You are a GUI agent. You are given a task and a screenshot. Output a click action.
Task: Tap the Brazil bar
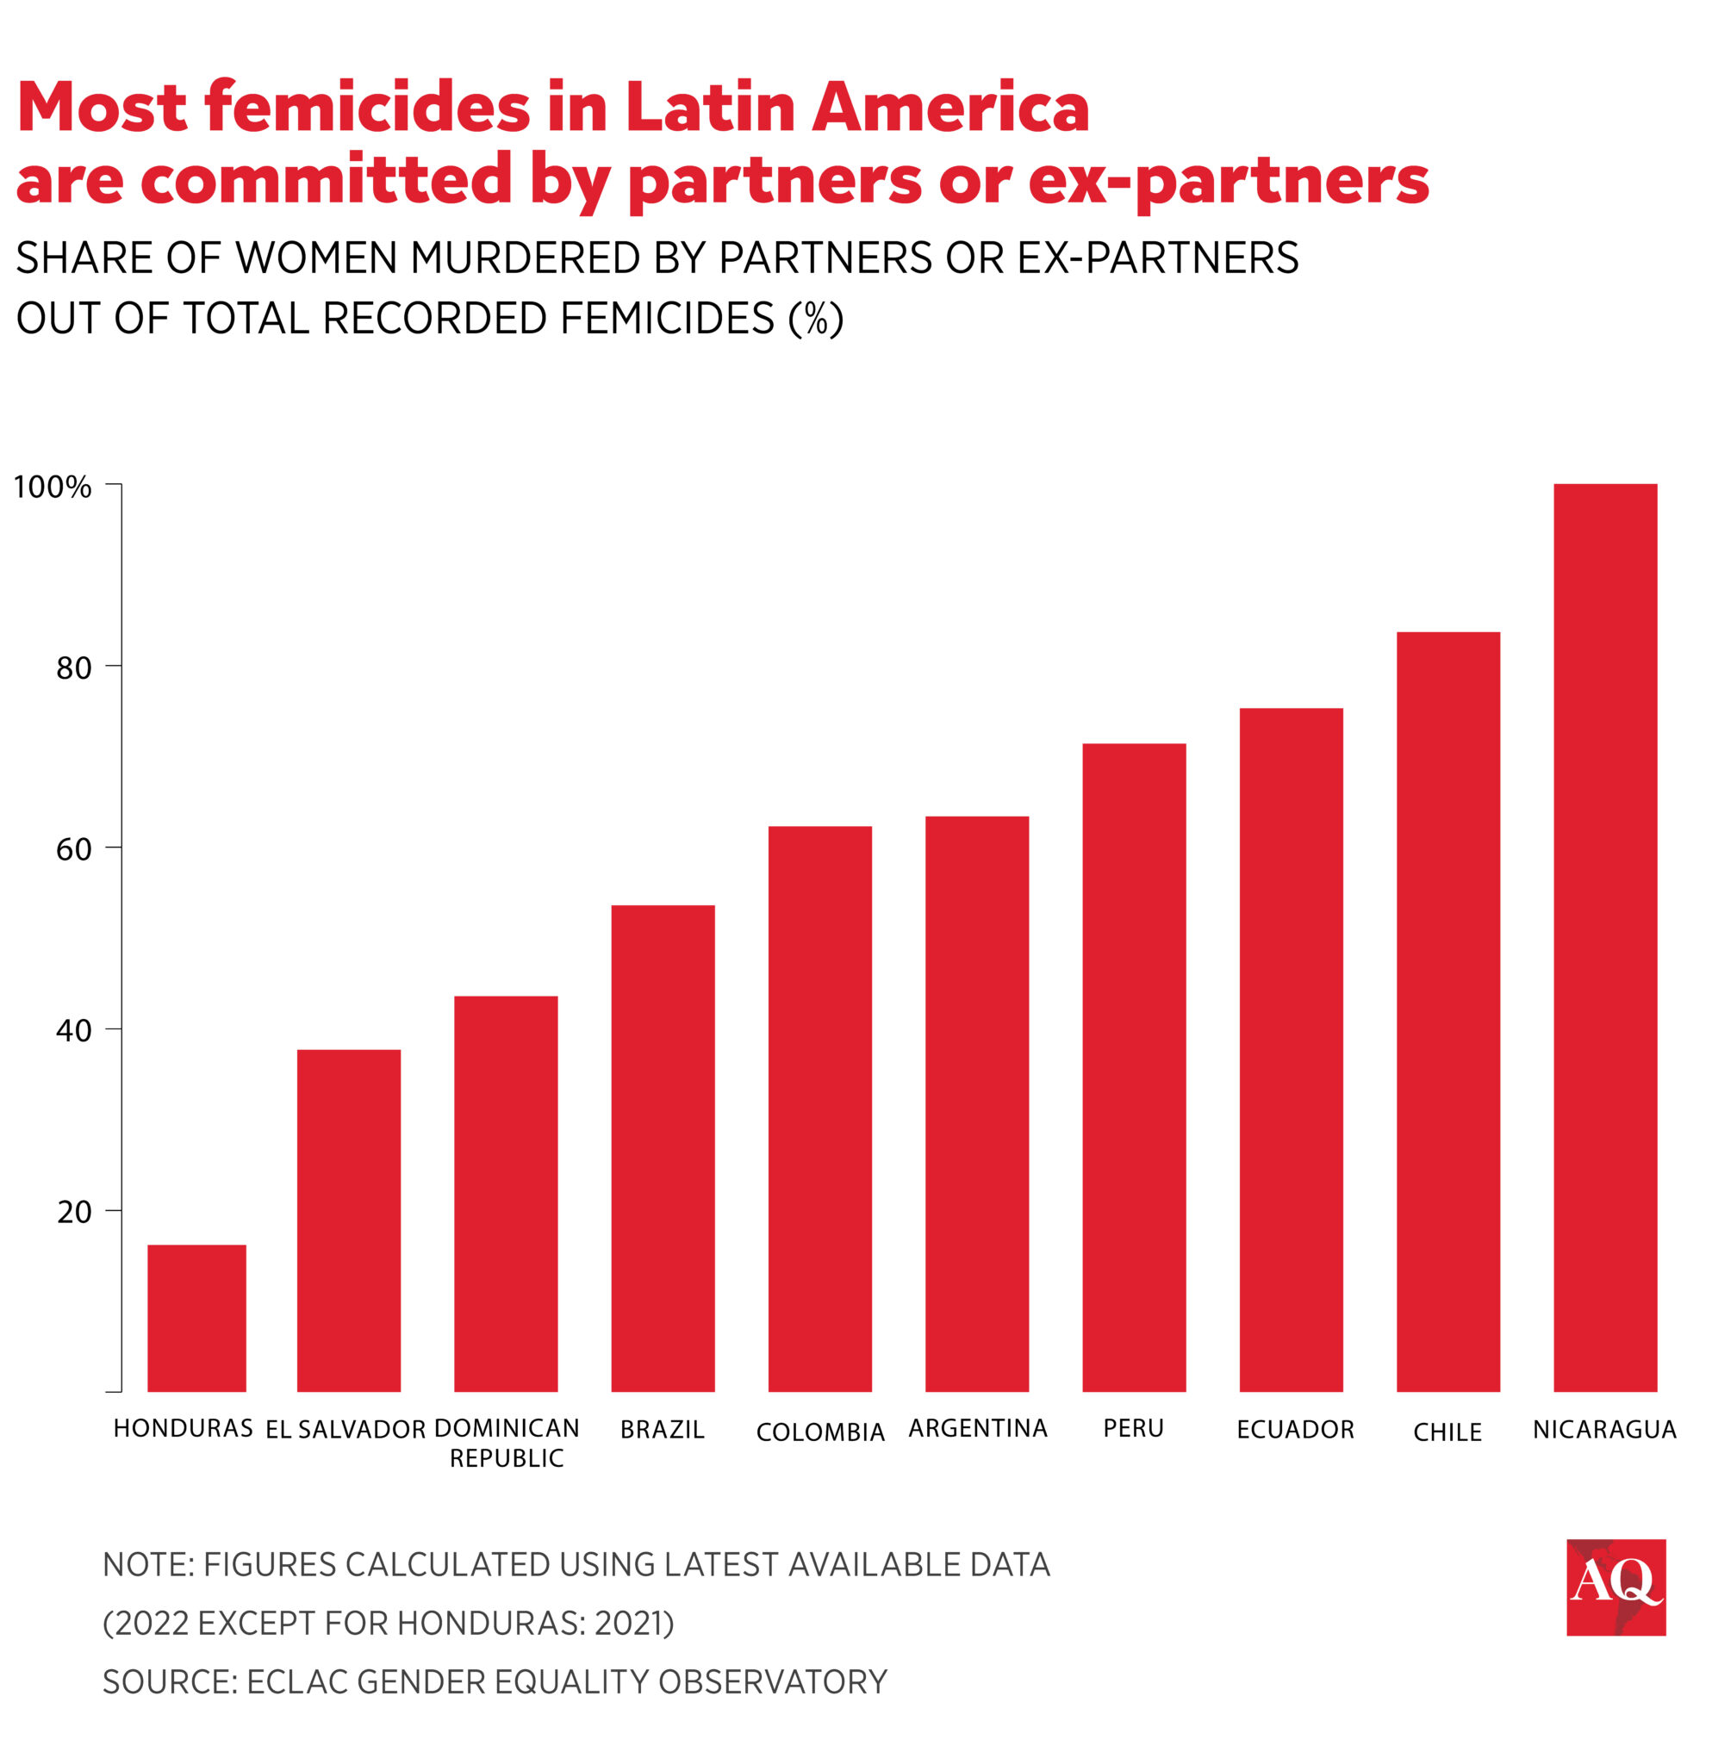point(663,1147)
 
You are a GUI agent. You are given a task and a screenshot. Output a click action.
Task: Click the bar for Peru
point(1133,1066)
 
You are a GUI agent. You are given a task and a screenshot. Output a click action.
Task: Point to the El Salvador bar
point(348,1220)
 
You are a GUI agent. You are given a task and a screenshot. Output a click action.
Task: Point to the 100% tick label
point(53,487)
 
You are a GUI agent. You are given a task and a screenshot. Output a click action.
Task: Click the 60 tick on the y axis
point(74,848)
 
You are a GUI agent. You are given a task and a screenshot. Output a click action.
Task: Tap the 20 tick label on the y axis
point(74,1211)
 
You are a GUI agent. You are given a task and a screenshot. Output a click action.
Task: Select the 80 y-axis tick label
point(74,668)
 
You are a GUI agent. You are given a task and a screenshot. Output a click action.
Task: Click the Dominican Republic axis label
point(506,1443)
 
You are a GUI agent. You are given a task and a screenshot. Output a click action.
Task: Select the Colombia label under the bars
point(819,1432)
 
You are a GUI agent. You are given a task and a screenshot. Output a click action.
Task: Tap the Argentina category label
point(978,1428)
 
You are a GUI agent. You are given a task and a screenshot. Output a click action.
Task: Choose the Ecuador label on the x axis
point(1294,1429)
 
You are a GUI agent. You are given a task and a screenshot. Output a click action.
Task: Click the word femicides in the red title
point(366,108)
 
